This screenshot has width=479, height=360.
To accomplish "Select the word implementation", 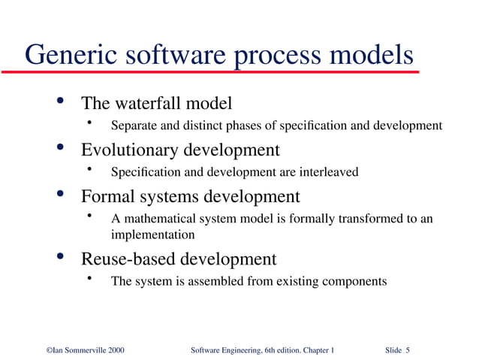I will click(x=152, y=234).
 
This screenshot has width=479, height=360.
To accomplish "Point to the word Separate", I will click(x=132, y=125).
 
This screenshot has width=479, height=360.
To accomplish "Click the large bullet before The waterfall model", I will click(x=60, y=101).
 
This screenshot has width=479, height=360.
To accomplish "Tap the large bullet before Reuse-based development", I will click(x=60, y=258).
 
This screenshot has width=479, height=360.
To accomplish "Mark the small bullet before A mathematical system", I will click(x=89, y=217).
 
